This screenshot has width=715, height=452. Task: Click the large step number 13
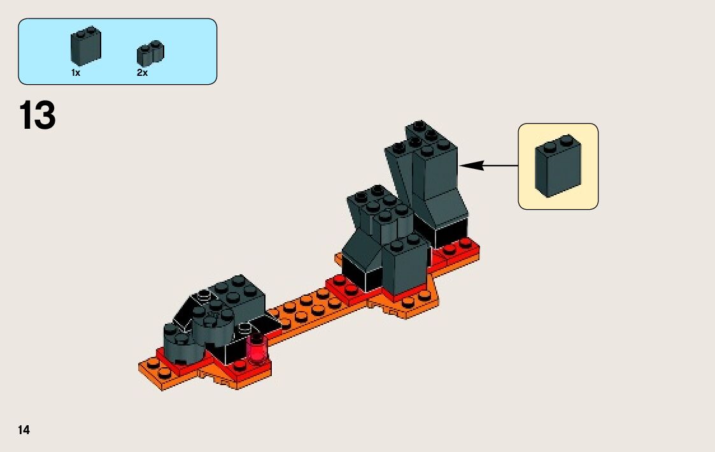point(38,115)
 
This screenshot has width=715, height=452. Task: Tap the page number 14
point(24,430)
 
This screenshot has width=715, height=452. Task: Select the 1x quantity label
point(76,73)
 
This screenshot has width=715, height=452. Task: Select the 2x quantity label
point(142,73)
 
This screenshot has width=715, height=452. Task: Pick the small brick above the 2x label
point(150,54)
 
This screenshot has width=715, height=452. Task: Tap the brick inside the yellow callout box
point(558,166)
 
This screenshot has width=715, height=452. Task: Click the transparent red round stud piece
point(258,349)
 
